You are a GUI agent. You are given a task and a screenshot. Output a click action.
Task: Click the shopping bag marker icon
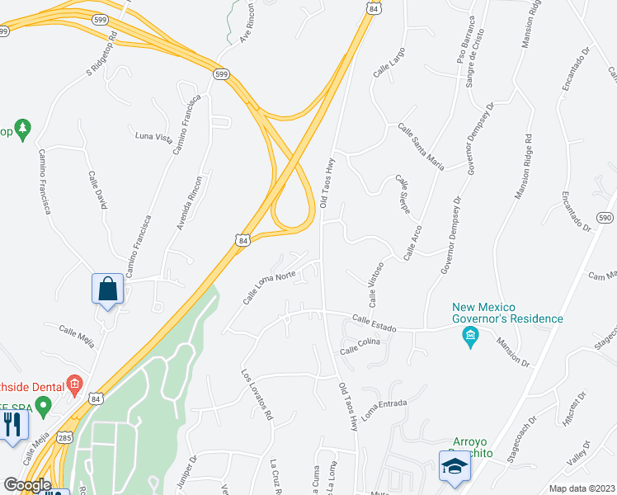pyautogui.click(x=107, y=290)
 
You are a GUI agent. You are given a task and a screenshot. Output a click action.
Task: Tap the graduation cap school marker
pyautogui.click(x=452, y=467)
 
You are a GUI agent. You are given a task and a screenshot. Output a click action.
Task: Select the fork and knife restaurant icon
pyautogui.click(x=12, y=424)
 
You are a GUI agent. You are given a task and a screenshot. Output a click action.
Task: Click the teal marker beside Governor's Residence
pyautogui.click(x=470, y=337)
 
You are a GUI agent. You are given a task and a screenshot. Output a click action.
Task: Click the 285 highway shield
pyautogui.click(x=64, y=437)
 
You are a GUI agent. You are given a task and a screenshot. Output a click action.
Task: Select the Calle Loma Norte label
pyautogui.click(x=269, y=288)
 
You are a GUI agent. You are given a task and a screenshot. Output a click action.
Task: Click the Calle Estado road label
pyautogui.click(x=374, y=323)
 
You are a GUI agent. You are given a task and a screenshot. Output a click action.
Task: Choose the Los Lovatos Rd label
pyautogui.click(x=257, y=394)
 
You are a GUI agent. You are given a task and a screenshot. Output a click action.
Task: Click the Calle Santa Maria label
pyautogui.click(x=421, y=146)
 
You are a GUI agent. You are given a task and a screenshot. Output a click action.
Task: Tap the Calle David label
pyautogui.click(x=98, y=190)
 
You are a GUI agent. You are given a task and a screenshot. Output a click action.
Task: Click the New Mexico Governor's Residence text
pyautogui.click(x=507, y=313)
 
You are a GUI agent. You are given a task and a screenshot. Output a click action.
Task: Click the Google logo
pyautogui.click(x=26, y=485)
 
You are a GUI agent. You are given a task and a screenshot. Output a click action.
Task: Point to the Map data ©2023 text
pyautogui.click(x=581, y=488)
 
